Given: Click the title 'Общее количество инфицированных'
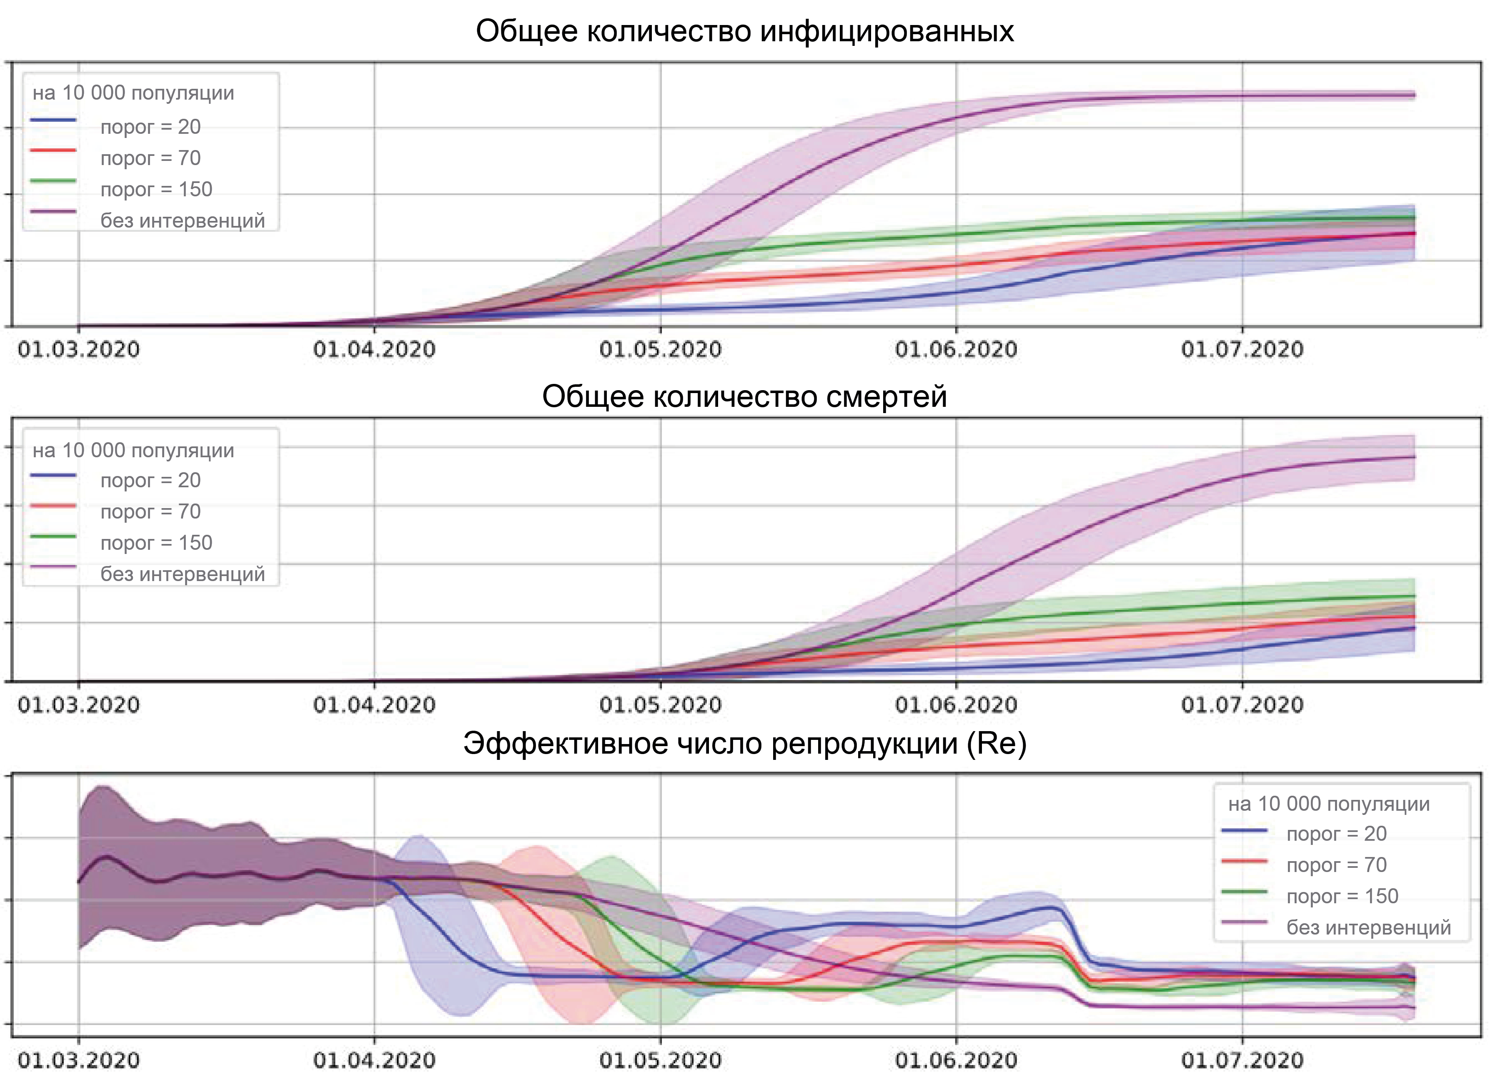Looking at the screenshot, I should (744, 31).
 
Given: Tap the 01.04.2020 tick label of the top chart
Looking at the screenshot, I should (374, 349).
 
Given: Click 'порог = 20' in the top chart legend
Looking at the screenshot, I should (150, 127).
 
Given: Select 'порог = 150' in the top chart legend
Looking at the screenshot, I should (156, 189).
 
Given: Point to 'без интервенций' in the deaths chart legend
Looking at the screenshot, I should (183, 574).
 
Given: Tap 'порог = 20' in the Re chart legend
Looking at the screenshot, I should (1336, 834).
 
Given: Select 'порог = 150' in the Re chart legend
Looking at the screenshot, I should (1342, 896).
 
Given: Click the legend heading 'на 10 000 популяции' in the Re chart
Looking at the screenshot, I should (1329, 803).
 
